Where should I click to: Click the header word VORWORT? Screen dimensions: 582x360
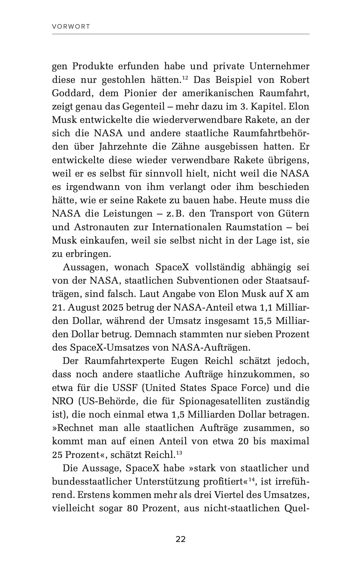[71, 27]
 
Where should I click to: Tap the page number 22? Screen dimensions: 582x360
[181, 539]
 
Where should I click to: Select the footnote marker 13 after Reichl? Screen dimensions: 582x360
[179, 453]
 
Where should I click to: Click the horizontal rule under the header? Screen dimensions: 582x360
[181, 34]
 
